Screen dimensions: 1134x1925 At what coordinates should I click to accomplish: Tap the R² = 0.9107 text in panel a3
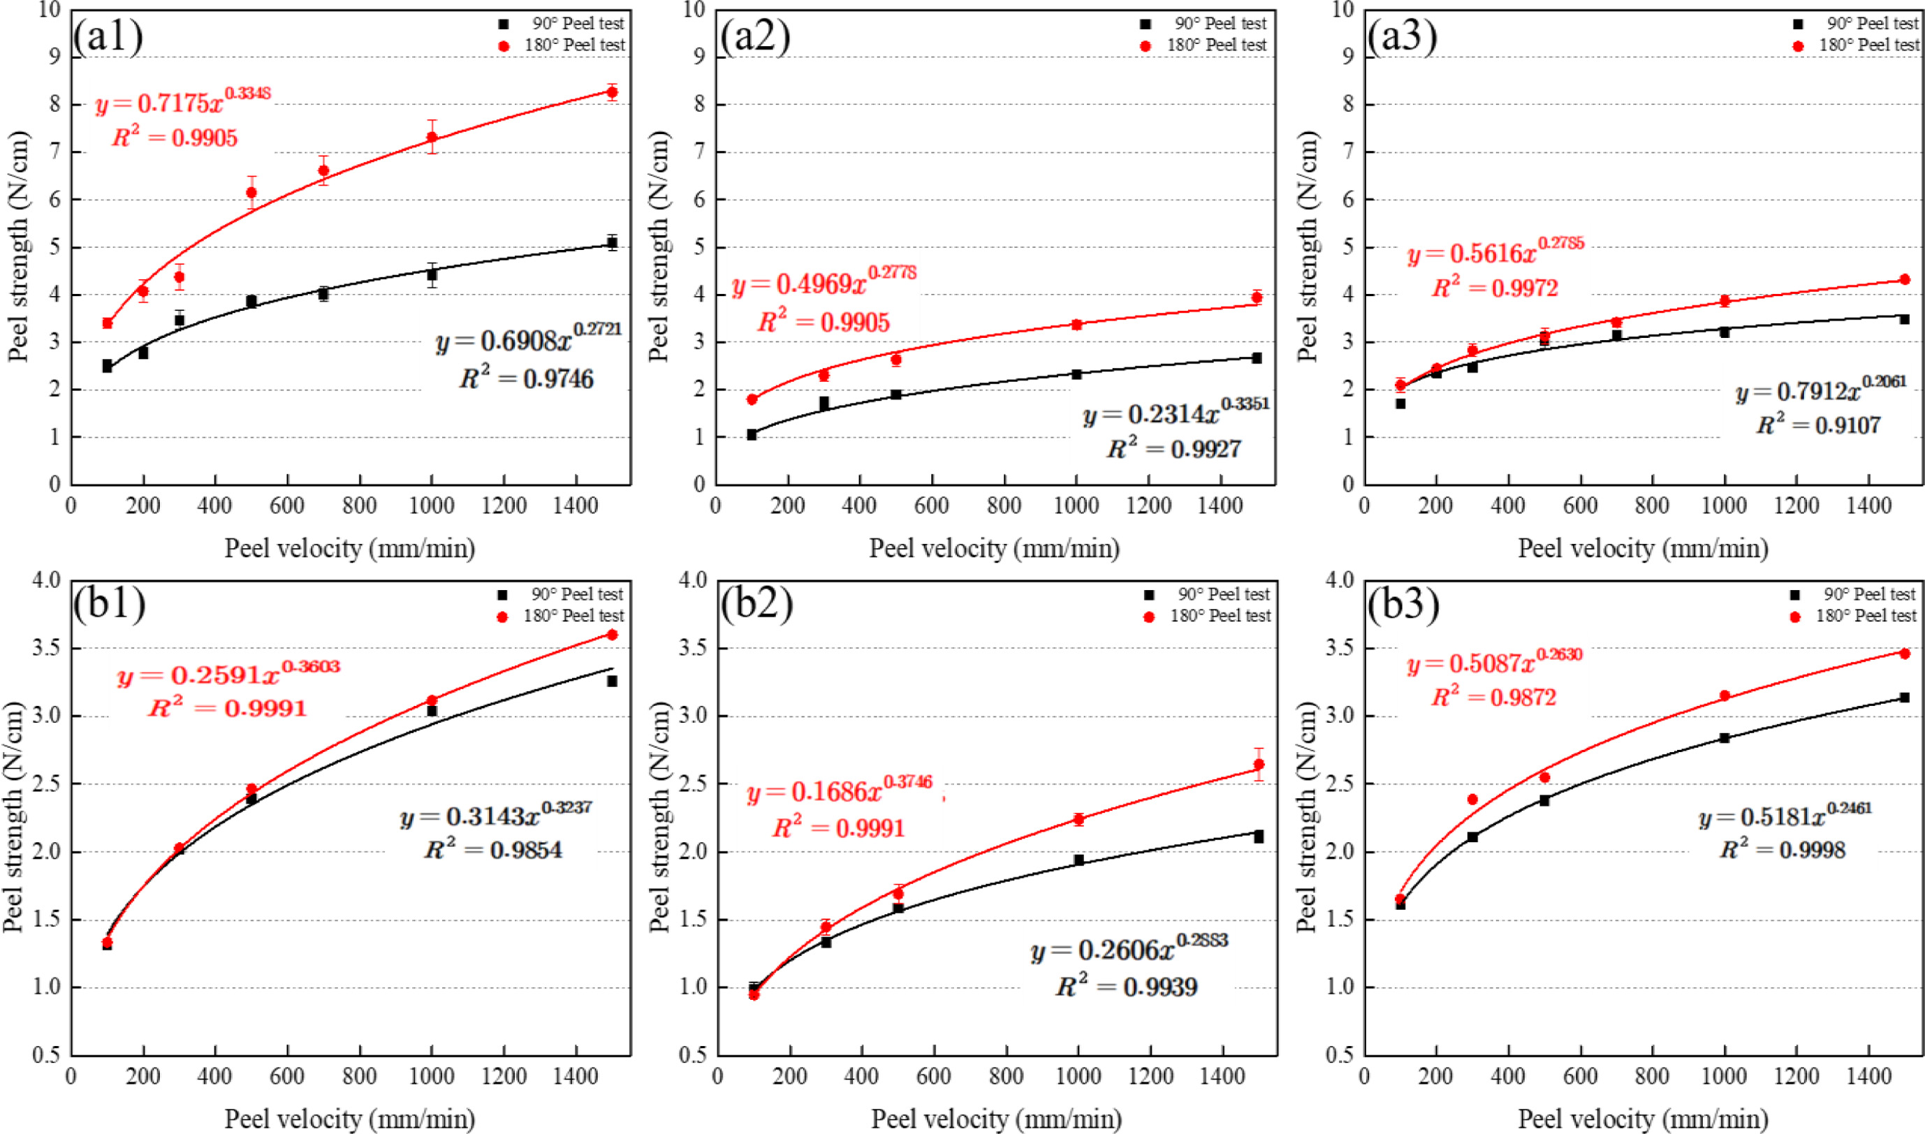(1818, 425)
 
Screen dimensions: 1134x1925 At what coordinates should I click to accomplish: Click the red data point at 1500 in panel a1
(612, 92)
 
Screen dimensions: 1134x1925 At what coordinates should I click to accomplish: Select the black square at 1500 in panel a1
(612, 243)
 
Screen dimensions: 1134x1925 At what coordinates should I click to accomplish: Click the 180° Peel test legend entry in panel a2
(1206, 46)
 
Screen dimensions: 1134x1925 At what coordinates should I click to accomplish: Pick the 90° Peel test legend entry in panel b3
(1857, 594)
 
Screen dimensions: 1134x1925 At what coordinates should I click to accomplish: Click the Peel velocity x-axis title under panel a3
(1643, 549)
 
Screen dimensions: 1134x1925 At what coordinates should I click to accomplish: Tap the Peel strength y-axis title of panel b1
(14, 818)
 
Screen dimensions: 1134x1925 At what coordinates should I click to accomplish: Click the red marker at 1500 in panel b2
(1259, 764)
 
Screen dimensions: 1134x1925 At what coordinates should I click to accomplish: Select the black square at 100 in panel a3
(1400, 404)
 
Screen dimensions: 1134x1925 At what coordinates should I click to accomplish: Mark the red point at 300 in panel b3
(1472, 800)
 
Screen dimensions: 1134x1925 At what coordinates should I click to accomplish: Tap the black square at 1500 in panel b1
(612, 681)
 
